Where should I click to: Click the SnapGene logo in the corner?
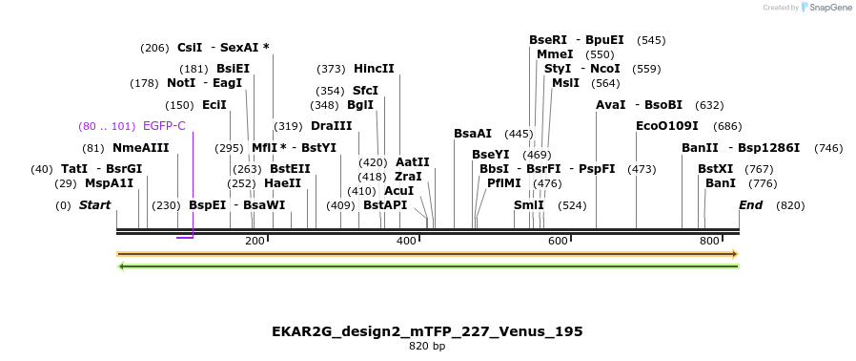825,8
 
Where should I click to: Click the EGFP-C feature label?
164,125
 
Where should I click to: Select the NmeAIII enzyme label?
140,147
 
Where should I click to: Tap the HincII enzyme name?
374,69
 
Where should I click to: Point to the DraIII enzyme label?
332,125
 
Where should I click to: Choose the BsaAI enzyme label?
473,134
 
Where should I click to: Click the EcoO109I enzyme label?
667,125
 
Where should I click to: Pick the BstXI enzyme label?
716,168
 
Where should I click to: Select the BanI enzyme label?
721,182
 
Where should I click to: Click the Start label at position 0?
94,205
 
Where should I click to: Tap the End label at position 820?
751,205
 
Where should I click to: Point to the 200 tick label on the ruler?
255,242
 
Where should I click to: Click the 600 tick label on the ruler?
558,242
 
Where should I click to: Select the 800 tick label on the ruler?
709,242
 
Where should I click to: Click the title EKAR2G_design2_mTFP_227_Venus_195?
427,331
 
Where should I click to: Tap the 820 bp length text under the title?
427,346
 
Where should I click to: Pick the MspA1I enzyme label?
110,182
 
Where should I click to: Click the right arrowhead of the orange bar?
734,254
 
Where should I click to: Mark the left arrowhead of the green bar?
120,265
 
